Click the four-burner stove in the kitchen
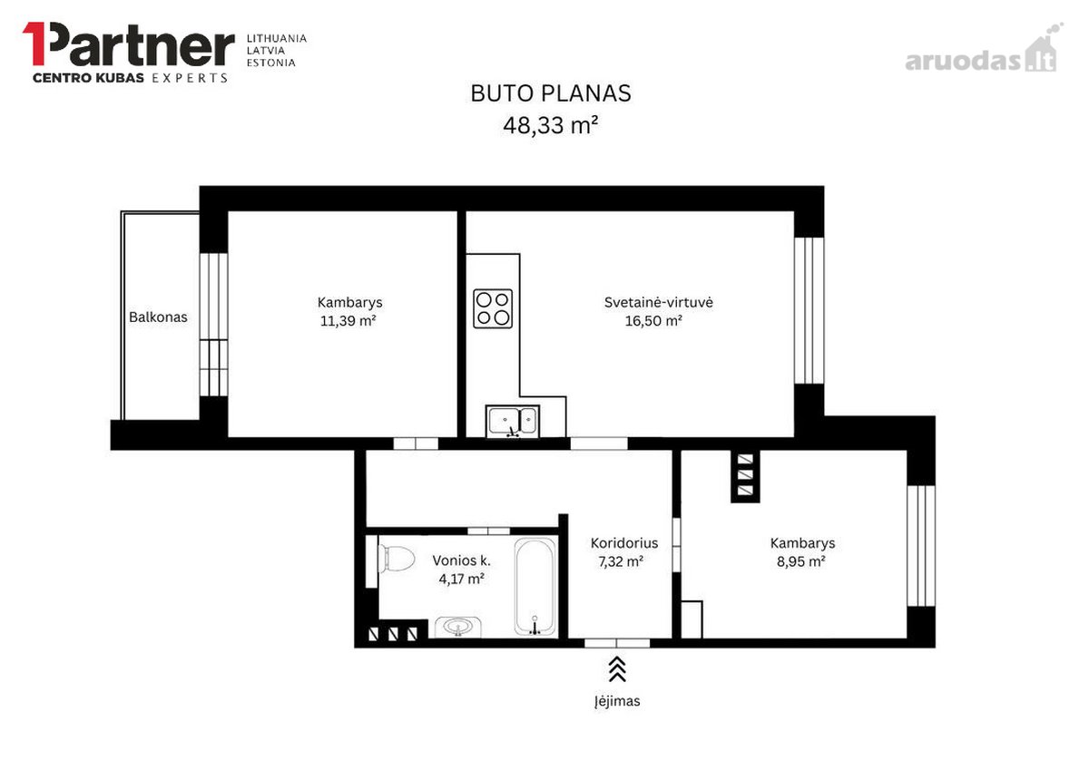[493, 308]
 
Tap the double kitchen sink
[513, 421]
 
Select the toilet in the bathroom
[397, 559]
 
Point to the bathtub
[535, 587]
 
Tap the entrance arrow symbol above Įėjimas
[617, 669]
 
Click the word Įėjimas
[617, 701]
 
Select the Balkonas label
[158, 317]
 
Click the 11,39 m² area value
[348, 321]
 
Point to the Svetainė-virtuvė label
[658, 302]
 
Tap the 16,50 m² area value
[653, 321]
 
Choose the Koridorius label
[624, 543]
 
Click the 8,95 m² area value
[800, 561]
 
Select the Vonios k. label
[461, 560]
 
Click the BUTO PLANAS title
[551, 93]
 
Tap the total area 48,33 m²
[550, 125]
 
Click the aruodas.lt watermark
[981, 54]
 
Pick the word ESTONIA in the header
[270, 63]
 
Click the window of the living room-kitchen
[809, 311]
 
